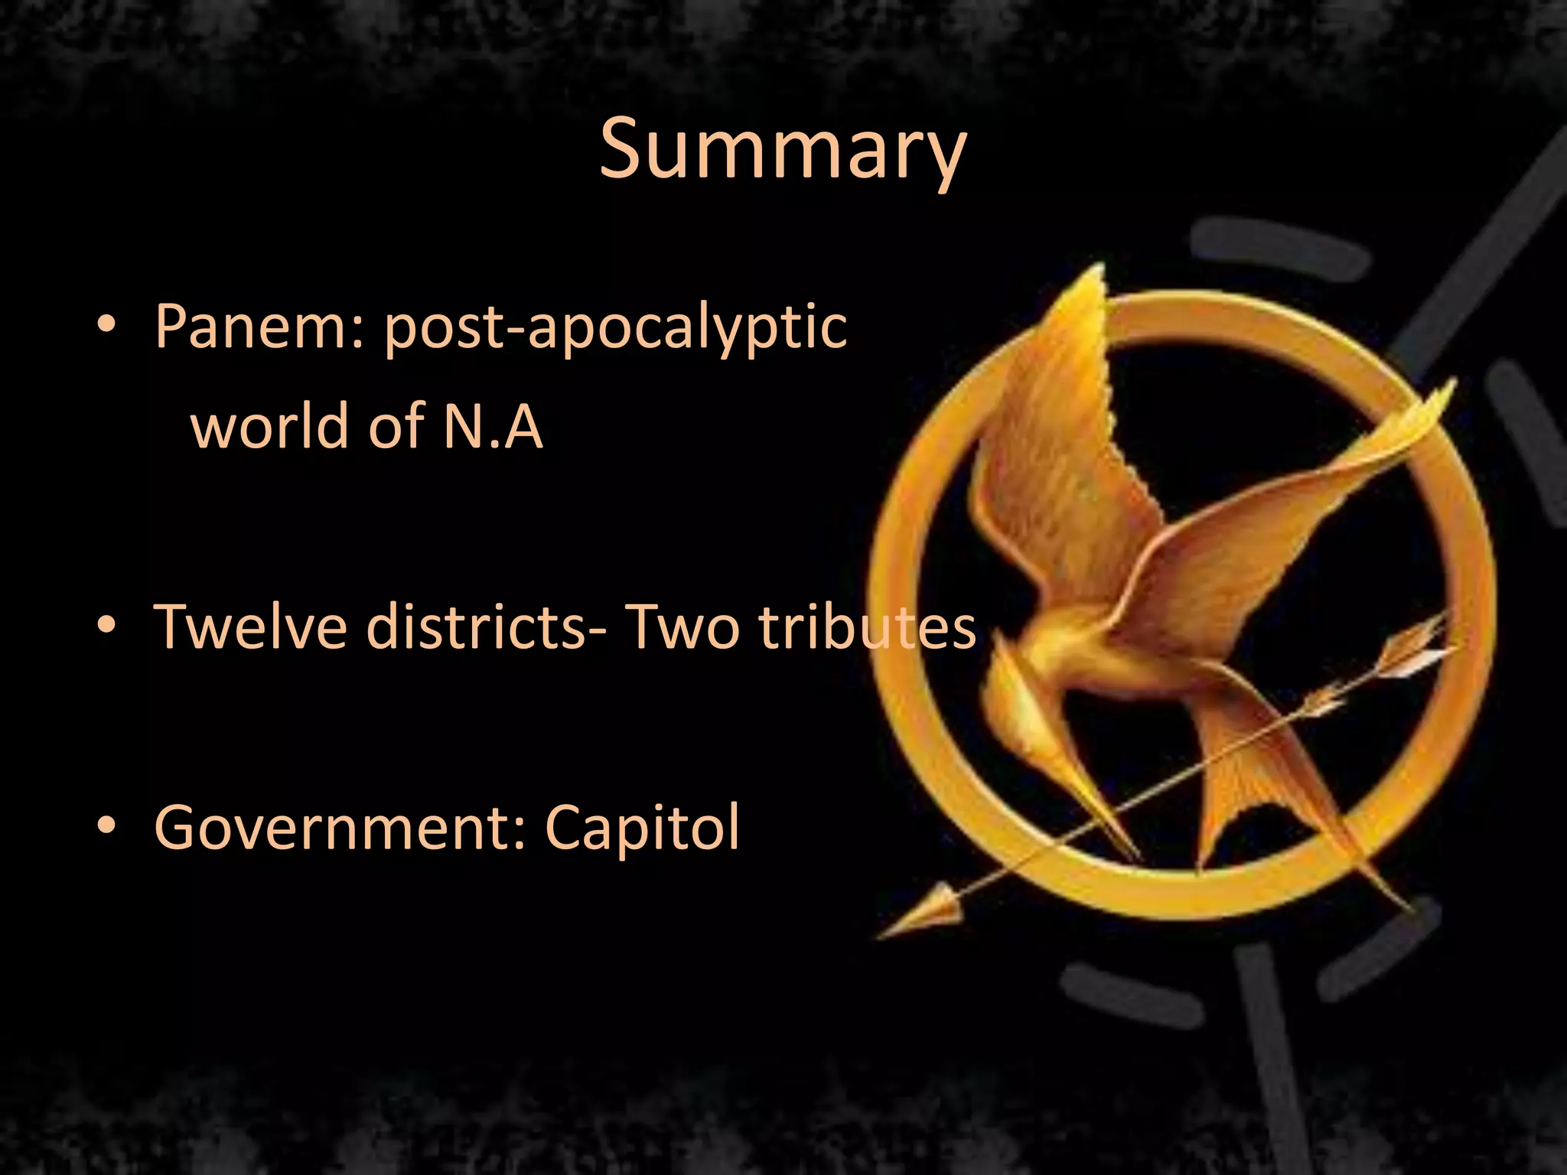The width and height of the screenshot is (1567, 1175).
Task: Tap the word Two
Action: coord(681,626)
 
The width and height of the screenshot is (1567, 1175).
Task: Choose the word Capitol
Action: coord(643,828)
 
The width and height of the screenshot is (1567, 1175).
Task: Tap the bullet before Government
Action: coord(107,826)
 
